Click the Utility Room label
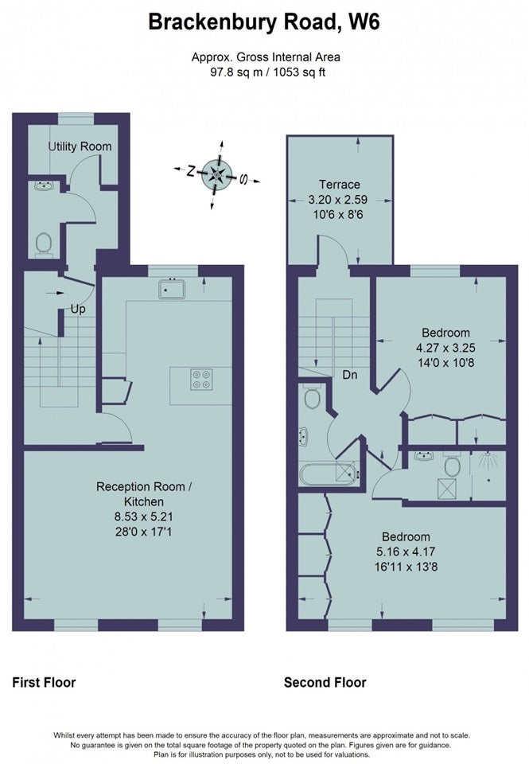tap(80, 146)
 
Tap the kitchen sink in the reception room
tap(172, 288)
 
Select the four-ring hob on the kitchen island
tap(202, 380)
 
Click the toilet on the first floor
tap(43, 244)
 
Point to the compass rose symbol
tap(216, 175)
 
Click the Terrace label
tap(340, 184)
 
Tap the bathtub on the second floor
tap(329, 474)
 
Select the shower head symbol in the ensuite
tap(488, 461)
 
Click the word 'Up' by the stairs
tap(78, 309)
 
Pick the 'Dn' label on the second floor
tap(350, 375)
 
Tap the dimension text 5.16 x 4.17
tap(406, 552)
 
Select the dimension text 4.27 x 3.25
tap(445, 348)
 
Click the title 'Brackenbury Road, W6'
tap(264, 22)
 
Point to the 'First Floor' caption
tap(44, 682)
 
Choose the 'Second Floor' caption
tap(325, 682)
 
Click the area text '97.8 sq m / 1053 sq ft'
tap(266, 72)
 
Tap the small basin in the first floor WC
tap(46, 185)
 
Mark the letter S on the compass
tap(243, 179)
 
